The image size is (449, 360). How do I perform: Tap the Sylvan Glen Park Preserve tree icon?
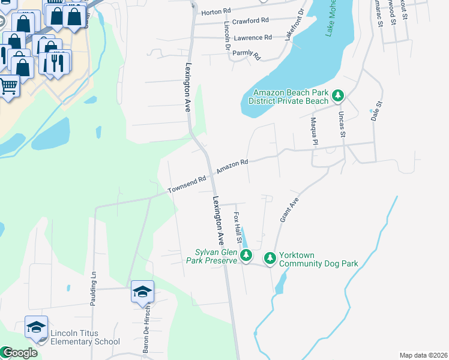pyautogui.click(x=246, y=257)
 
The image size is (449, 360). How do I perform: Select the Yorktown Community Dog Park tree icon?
pyautogui.click(x=270, y=257)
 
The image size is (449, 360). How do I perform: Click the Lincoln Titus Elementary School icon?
pyautogui.click(x=36, y=327)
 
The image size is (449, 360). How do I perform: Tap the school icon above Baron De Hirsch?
pyautogui.click(x=142, y=292)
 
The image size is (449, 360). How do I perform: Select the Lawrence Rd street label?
pyautogui.click(x=253, y=38)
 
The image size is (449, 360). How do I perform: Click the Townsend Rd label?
pyautogui.click(x=187, y=184)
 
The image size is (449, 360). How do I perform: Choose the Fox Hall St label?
pyautogui.click(x=238, y=228)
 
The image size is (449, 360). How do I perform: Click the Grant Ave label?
pyautogui.click(x=289, y=212)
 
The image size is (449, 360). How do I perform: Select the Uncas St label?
pyautogui.click(x=342, y=124)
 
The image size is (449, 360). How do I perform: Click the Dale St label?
pyautogui.click(x=376, y=111)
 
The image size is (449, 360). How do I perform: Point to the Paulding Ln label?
pyautogui.click(x=93, y=290)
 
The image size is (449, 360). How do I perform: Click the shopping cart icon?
pyautogui.click(x=8, y=86)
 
